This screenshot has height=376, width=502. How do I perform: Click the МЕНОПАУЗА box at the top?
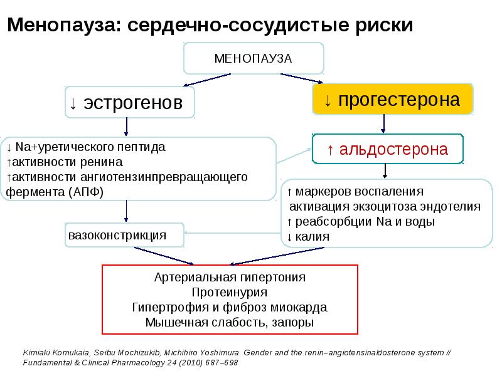(x=254, y=58)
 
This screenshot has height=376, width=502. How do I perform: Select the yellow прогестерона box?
(x=393, y=99)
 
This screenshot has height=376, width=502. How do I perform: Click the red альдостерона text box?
(x=387, y=149)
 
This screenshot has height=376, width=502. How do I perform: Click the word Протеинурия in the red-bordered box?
(x=230, y=292)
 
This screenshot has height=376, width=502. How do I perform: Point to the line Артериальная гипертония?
(x=230, y=277)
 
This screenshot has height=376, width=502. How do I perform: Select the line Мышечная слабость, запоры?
(x=230, y=323)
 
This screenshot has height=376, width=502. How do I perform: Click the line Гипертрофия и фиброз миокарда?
(x=230, y=308)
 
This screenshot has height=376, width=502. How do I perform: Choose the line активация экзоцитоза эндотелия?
(x=385, y=206)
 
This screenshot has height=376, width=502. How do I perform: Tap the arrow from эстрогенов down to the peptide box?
(x=127, y=126)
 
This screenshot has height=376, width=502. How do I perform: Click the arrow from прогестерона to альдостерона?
(x=385, y=124)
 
